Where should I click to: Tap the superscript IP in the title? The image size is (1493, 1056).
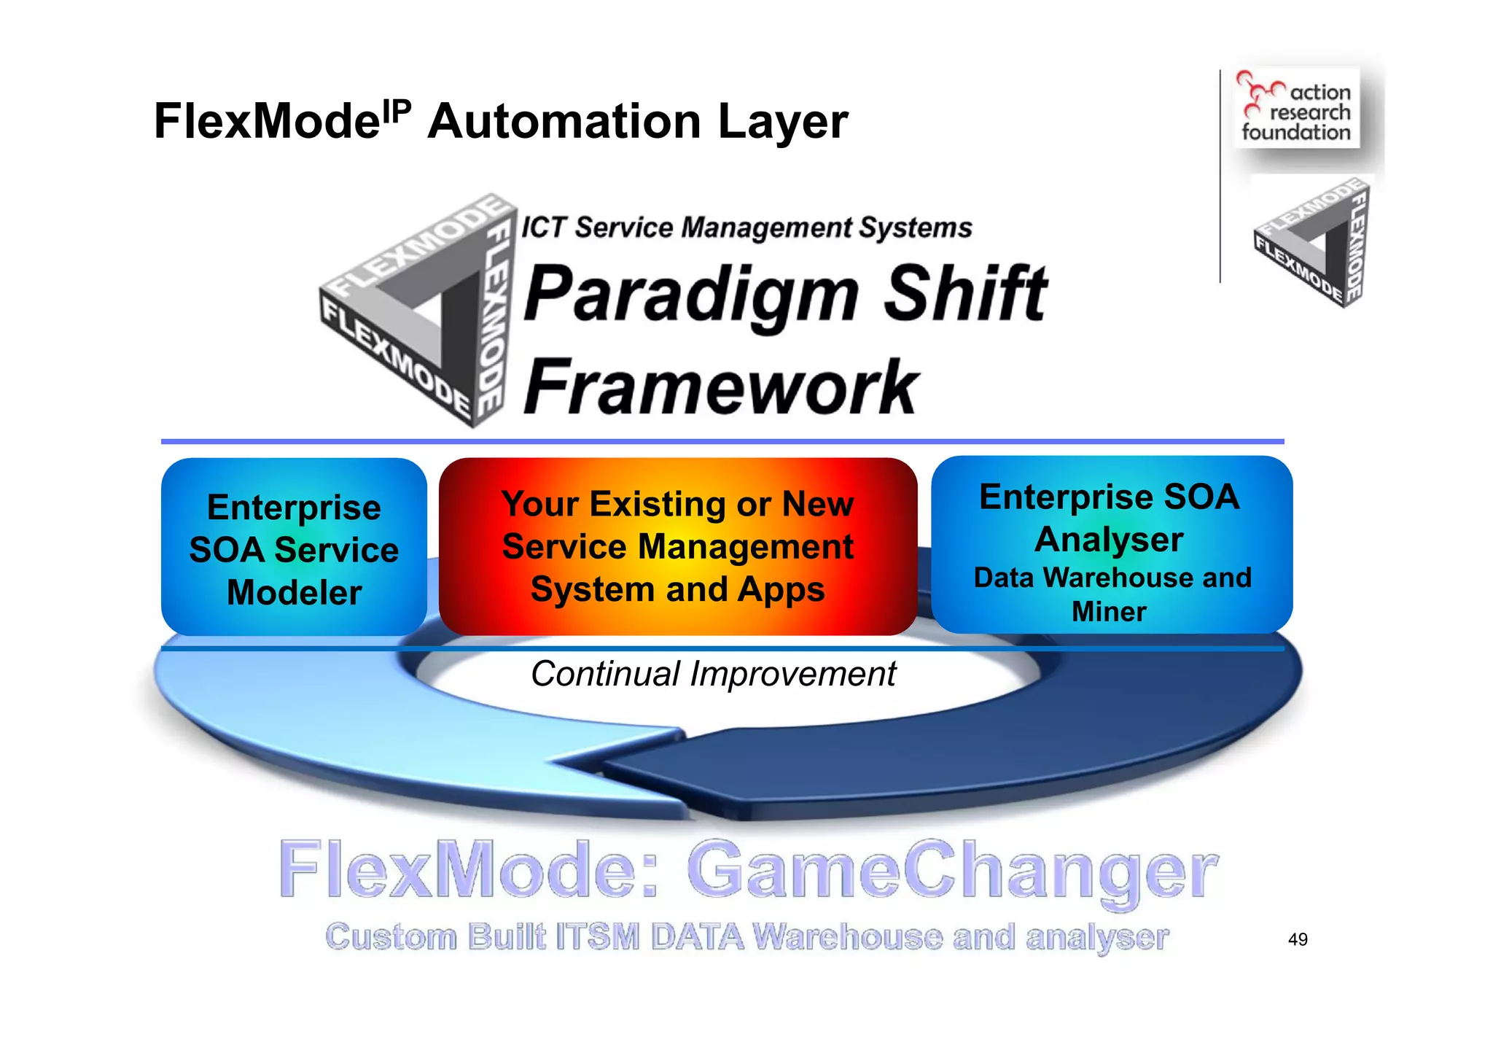397,111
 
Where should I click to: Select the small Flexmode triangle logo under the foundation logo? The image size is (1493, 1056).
1312,243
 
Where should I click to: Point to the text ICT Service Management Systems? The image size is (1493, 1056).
746,228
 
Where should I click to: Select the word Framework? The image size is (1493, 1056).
720,387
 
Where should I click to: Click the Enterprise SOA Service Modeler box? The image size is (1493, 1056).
294,547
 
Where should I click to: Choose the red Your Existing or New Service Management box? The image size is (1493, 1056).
677,547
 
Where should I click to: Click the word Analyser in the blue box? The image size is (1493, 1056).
1108,540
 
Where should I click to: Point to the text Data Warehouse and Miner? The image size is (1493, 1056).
1111,594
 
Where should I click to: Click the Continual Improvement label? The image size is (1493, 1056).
713,674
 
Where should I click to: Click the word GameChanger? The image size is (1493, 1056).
951,870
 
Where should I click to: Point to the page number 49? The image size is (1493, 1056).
1298,939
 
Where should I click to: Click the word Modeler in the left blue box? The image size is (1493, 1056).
294,592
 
